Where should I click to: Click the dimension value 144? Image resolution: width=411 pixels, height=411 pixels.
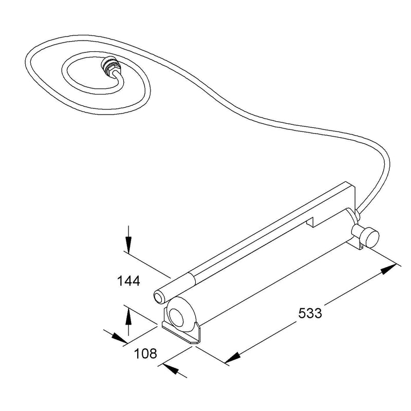[x=128, y=281]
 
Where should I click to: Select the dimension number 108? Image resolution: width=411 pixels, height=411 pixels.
[x=145, y=353]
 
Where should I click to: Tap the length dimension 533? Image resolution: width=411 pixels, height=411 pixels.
[x=310, y=313]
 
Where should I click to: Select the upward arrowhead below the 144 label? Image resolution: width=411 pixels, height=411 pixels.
[x=128, y=317]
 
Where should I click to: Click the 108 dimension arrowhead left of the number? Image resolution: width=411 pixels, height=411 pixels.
[x=119, y=338]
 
